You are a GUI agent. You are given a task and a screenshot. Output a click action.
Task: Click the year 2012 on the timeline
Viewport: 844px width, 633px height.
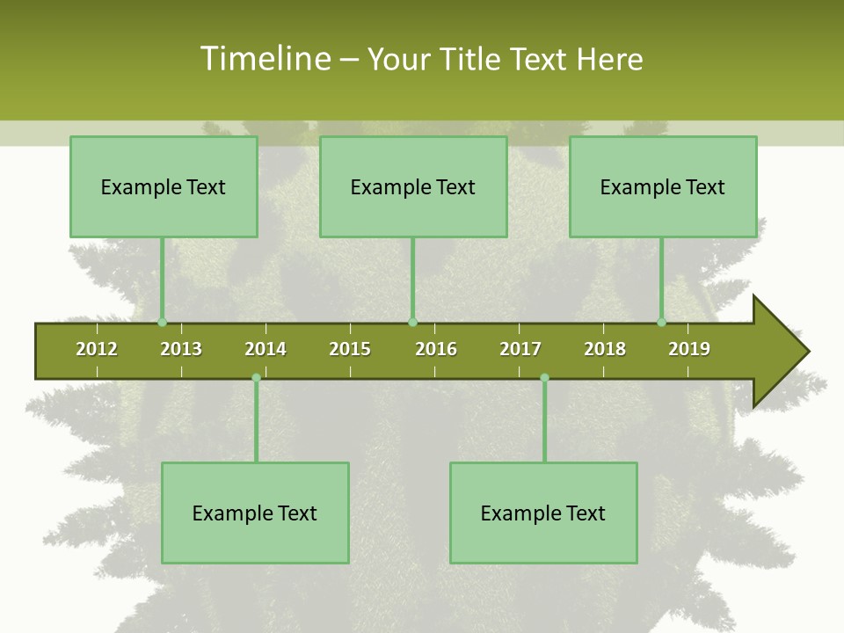coord(97,349)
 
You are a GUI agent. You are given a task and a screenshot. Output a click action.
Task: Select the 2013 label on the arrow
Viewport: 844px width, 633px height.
coord(181,349)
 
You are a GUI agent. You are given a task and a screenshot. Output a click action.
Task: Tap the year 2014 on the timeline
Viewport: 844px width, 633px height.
coord(266,349)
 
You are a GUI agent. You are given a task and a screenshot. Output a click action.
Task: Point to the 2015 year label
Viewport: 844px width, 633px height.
coord(350,349)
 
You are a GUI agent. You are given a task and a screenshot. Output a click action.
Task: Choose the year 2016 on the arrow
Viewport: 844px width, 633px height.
coord(436,349)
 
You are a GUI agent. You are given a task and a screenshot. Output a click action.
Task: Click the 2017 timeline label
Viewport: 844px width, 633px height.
coord(520,349)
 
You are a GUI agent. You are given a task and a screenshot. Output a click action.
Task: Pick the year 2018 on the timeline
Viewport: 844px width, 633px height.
coord(605,349)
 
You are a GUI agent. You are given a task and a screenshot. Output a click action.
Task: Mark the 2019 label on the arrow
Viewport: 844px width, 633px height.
coord(689,349)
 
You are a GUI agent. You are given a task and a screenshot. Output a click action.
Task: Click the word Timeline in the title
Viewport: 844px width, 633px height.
coord(264,59)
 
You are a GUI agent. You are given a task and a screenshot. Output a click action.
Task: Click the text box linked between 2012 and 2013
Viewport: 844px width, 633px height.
coord(164,187)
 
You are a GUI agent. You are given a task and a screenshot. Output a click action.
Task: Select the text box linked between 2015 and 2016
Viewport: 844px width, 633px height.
coord(413,187)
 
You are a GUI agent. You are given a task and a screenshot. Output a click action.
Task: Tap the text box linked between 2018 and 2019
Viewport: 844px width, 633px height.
coord(663,187)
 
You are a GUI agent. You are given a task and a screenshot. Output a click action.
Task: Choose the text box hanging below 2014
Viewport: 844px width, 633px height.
coord(255,513)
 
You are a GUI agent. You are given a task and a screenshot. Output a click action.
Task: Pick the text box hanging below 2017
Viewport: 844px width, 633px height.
coord(543,513)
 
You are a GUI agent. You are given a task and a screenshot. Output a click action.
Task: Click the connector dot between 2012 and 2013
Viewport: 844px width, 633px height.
coord(163,323)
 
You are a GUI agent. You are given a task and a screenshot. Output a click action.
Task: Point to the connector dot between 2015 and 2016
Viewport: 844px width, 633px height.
coord(413,323)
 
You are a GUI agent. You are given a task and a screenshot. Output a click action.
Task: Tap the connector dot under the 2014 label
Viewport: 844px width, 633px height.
coord(256,378)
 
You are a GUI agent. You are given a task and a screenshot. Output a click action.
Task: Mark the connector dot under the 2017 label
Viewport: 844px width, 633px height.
coord(544,378)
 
